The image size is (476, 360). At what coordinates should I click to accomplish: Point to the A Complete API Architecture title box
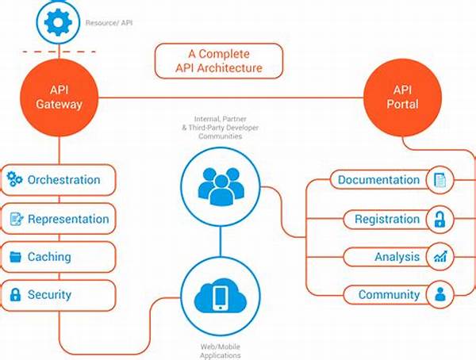tap(219, 60)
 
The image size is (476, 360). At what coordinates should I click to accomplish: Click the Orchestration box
tap(59, 180)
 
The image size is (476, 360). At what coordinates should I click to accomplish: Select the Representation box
tap(59, 219)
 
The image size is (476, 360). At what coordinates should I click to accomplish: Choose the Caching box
tap(59, 257)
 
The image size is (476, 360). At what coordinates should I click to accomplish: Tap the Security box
tap(59, 295)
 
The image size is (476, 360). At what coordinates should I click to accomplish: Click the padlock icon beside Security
tap(14, 295)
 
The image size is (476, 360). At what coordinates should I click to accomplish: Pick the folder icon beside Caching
tap(14, 257)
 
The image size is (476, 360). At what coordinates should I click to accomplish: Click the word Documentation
tap(378, 180)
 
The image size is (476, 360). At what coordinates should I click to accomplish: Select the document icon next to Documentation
tap(439, 180)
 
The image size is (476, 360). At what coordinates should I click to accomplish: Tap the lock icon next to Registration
tap(439, 219)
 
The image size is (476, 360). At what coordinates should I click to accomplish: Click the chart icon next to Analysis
tap(439, 257)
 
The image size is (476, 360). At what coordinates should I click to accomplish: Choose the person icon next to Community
tap(439, 295)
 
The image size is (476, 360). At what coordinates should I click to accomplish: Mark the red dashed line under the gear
tap(58, 52)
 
